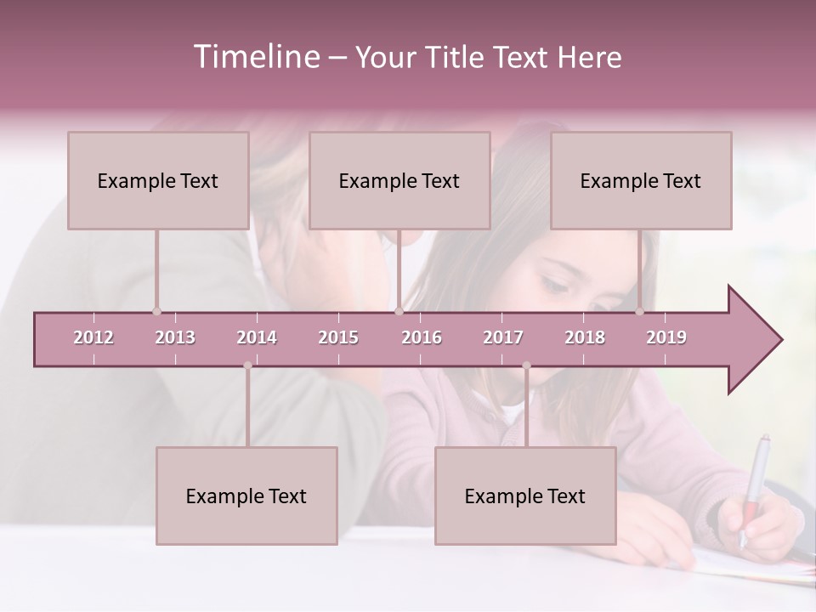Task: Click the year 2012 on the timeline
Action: (93, 337)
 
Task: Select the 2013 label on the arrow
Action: (175, 337)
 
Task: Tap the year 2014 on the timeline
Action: (257, 337)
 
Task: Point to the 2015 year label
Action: (338, 337)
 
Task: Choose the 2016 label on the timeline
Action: (422, 337)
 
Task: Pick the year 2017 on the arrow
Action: (503, 337)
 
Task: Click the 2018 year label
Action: (585, 337)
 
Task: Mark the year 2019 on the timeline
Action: (666, 337)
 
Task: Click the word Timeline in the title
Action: (256, 57)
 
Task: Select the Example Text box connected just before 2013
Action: (158, 180)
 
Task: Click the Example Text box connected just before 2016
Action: (399, 180)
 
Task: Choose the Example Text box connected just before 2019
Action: (641, 180)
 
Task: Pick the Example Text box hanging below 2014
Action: (246, 496)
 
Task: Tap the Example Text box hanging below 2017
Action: (525, 496)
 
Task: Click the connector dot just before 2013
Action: (156, 311)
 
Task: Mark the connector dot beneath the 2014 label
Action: (247, 365)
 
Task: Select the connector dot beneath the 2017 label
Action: (526, 365)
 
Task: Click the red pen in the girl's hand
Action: (754, 484)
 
